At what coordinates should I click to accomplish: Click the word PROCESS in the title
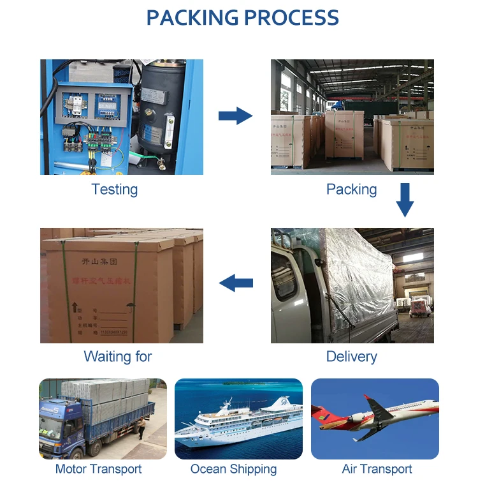pos(291,17)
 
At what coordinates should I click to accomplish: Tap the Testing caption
pos(115,190)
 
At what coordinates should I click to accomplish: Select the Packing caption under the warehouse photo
pos(351,190)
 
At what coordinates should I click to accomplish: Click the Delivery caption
pos(351,357)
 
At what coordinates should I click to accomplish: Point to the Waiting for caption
pos(118,357)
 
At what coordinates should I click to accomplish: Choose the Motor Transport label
pos(98,470)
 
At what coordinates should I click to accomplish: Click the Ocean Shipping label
pos(233,470)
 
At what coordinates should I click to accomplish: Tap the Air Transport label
pos(377,470)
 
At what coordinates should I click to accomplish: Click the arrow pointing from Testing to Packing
pos(235,116)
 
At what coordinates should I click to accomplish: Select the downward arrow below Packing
pos(405,200)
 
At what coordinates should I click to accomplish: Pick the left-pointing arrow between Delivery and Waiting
pos(235,283)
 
